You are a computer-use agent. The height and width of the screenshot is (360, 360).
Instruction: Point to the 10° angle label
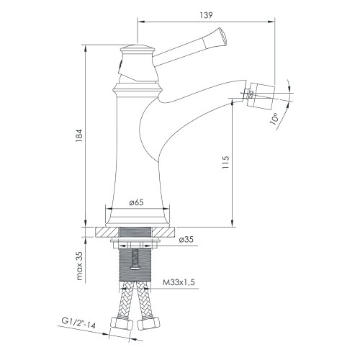coord(274,118)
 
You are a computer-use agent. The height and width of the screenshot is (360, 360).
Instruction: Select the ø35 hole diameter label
coord(185,239)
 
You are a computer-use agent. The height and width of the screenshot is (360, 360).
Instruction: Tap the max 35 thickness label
coord(81,265)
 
